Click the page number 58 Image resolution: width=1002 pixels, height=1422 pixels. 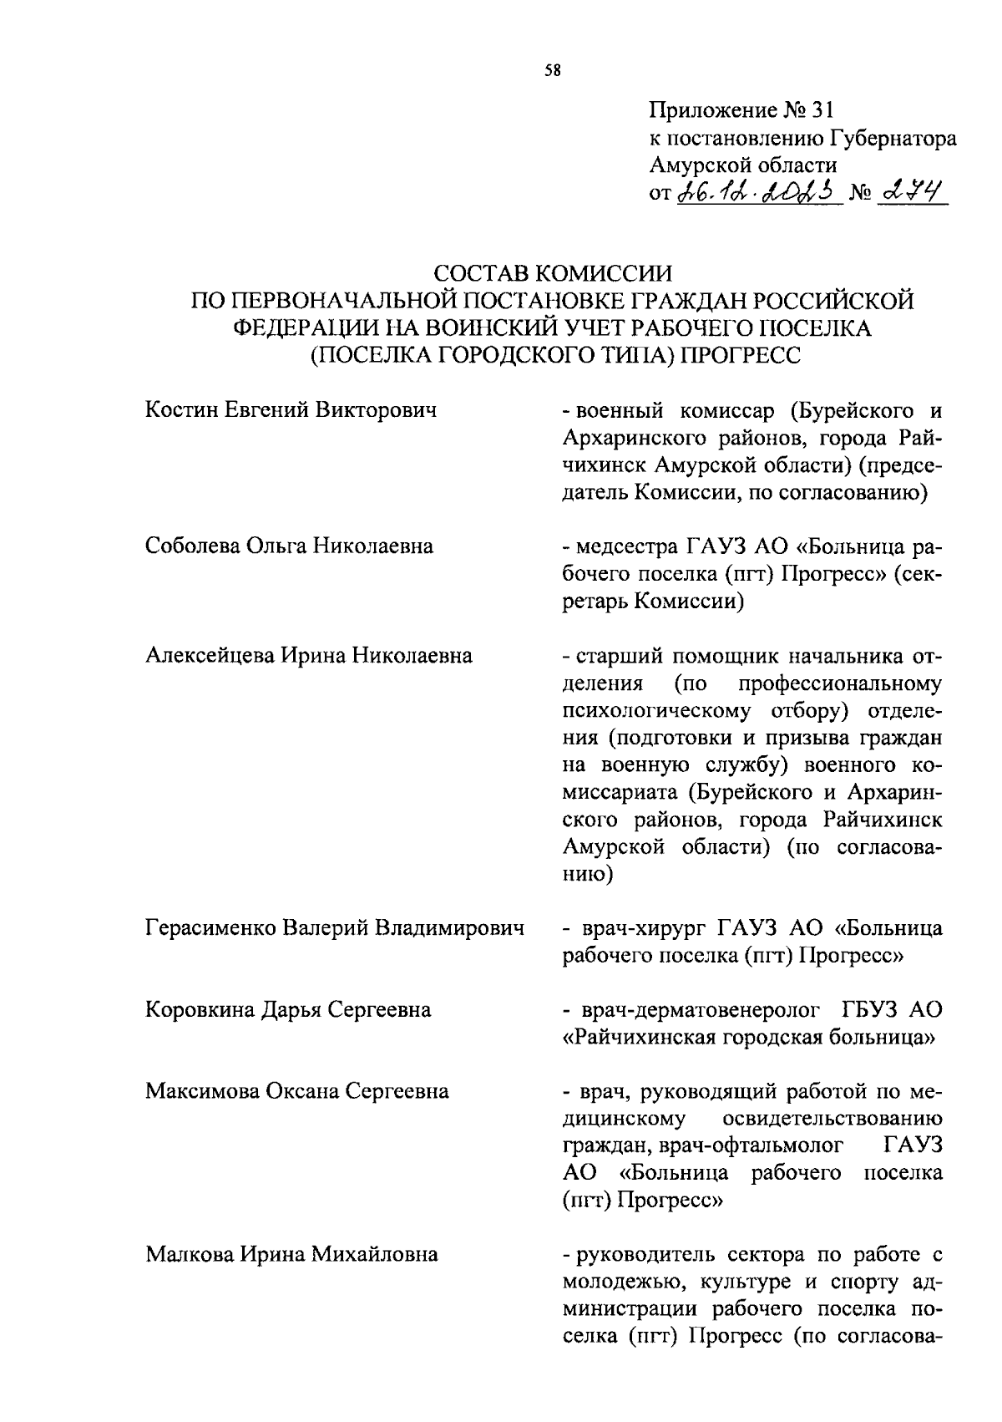[553, 71]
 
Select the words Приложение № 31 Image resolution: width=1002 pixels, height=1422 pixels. [741, 110]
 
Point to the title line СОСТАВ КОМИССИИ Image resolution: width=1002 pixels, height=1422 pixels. [554, 273]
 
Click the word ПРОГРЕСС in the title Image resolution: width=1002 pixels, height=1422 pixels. [741, 355]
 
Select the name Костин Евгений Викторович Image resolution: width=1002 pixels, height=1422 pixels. [291, 410]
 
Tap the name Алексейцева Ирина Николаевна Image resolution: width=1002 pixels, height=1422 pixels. [309, 655]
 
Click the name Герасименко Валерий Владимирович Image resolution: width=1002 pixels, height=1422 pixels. [335, 928]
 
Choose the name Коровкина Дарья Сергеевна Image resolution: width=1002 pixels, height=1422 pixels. [288, 1010]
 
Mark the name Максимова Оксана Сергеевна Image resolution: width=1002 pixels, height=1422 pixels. [296, 1091]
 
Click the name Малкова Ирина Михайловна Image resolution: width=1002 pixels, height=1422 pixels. [291, 1254]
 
